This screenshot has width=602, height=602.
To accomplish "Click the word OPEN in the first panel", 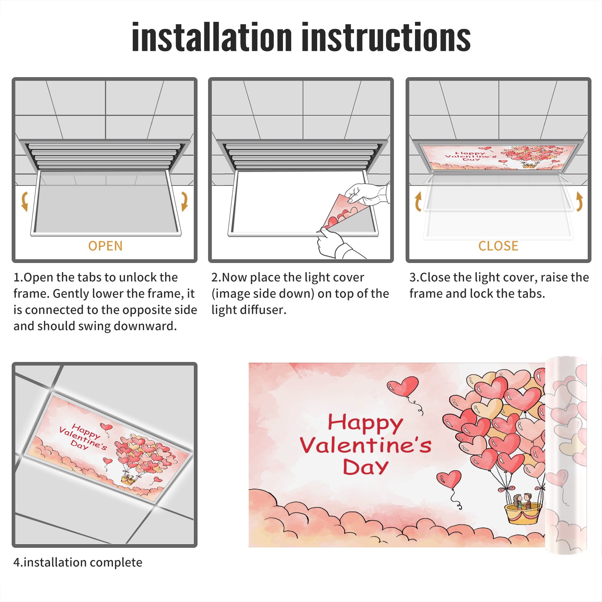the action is pyautogui.click(x=105, y=246).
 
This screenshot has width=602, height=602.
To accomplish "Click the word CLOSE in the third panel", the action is pyautogui.click(x=498, y=246).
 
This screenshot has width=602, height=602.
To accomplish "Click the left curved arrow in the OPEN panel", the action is pyautogui.click(x=25, y=201).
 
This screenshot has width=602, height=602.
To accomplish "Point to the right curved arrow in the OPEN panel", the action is pyautogui.click(x=184, y=201).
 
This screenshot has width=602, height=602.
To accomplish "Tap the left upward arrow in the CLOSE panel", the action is pyautogui.click(x=418, y=201).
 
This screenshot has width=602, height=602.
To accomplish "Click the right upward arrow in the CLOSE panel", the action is pyautogui.click(x=579, y=201).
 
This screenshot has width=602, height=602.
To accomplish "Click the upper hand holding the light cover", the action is pyautogui.click(x=367, y=194).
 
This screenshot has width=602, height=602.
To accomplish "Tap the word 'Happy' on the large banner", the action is pyautogui.click(x=365, y=423).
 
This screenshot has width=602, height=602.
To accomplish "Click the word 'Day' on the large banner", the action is pyautogui.click(x=365, y=467).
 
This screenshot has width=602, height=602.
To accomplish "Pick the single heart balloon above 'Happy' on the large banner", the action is pyautogui.click(x=403, y=386).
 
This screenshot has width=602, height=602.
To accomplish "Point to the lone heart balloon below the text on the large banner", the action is pyautogui.click(x=449, y=480).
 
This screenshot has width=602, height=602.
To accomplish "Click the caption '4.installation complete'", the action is pyautogui.click(x=78, y=562).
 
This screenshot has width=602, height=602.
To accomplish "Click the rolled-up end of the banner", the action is pyautogui.click(x=566, y=455).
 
